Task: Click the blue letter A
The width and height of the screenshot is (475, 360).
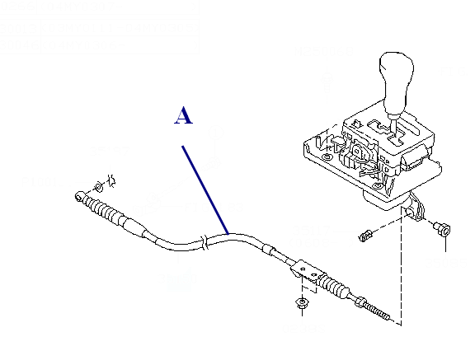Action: pos(183,115)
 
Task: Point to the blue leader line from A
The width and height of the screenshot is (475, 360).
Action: pos(205,190)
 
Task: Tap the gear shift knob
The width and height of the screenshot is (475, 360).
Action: pos(396,82)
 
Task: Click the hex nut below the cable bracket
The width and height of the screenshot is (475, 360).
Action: pos(302,302)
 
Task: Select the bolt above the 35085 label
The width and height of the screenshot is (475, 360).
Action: pos(442,228)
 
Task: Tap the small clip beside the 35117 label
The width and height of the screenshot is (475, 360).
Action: pos(365,235)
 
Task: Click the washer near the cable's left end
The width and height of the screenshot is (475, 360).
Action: pos(98,187)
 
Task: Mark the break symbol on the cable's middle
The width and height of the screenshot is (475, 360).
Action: pos(205,243)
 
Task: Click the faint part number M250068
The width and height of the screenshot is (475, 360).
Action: pos(324,51)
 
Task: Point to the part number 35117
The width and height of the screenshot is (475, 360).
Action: pos(311,231)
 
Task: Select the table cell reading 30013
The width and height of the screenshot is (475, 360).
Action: pos(19,29)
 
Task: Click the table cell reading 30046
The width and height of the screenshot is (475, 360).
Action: pos(19,45)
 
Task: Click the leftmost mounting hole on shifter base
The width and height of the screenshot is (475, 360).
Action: pos(327,157)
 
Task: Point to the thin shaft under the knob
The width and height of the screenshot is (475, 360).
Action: pos(393,126)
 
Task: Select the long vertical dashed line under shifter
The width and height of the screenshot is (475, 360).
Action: pos(402,266)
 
